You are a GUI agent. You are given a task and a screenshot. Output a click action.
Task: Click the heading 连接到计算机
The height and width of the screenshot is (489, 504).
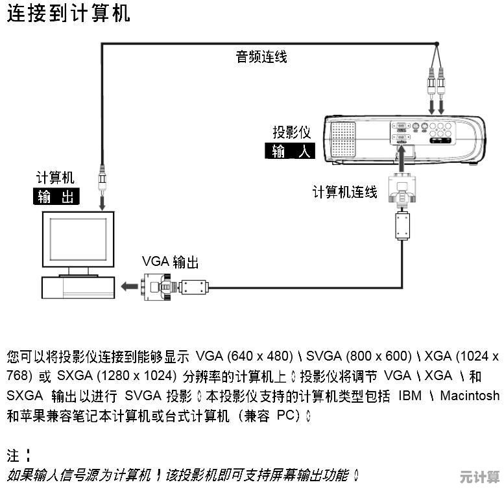(69, 13)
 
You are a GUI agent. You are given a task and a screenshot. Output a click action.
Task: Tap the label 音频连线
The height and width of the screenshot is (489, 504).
(261, 57)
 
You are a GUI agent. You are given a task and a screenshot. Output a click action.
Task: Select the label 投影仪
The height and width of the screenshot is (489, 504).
(291, 133)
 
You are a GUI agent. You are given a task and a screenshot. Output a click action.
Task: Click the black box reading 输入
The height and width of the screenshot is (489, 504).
(290, 152)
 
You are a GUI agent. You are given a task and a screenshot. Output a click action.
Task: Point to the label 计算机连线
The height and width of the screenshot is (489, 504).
(344, 193)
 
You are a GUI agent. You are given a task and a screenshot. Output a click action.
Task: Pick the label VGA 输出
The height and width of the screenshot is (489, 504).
(170, 262)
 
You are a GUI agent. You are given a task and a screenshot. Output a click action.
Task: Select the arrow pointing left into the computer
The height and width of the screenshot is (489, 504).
(128, 285)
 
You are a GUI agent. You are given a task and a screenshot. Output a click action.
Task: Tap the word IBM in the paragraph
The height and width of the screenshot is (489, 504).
(410, 395)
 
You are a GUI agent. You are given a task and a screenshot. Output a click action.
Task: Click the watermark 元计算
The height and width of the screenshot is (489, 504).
(480, 477)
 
